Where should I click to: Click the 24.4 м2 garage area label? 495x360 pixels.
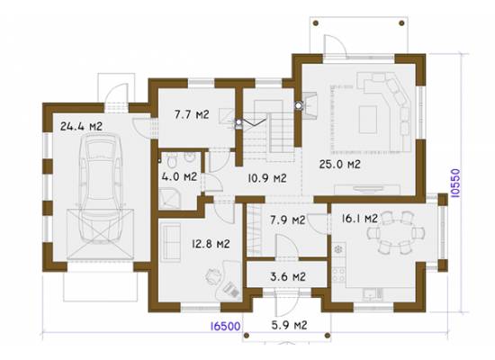81,126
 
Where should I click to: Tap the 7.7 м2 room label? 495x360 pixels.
192,114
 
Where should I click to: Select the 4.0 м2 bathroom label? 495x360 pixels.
179,176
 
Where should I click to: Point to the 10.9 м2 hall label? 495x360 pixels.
267,178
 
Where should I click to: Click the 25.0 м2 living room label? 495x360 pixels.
339,164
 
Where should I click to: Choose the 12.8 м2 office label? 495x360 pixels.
211,244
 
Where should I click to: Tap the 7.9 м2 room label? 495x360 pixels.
288,220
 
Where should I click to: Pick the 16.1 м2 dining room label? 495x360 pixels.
360,218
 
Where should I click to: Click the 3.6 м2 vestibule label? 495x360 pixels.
288,277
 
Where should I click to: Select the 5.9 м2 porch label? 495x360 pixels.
289,325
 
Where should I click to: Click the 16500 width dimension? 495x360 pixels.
225,326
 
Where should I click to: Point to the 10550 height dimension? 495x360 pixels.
455,184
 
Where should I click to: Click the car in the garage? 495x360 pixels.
101,188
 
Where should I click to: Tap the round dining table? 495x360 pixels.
396,233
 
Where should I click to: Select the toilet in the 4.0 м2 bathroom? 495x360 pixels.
172,161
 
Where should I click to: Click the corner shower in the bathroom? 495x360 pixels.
170,198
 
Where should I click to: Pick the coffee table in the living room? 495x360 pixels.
368,120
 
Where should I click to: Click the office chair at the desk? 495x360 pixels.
212,276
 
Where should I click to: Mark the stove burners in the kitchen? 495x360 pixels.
338,274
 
